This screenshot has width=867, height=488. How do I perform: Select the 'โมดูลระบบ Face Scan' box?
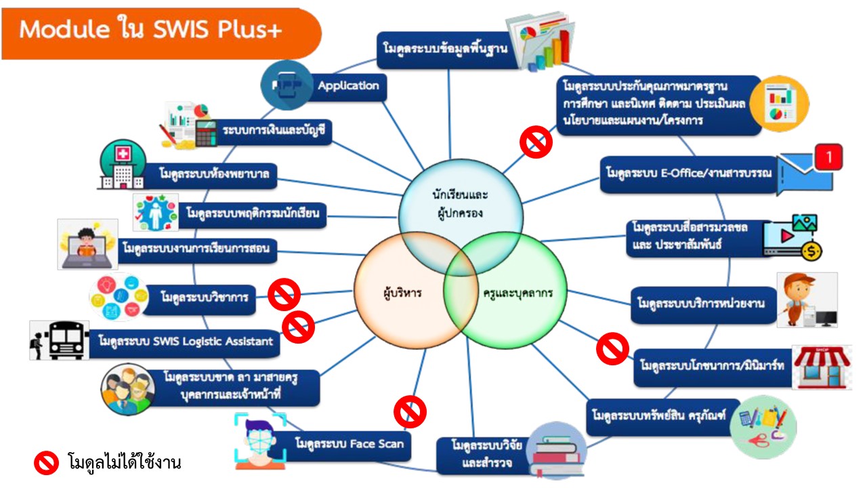[x=349, y=445]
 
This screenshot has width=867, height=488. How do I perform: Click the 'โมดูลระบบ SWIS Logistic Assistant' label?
[x=185, y=340]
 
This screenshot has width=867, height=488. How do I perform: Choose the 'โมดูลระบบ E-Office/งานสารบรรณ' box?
[x=688, y=174]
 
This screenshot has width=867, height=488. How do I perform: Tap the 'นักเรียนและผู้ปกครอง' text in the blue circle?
[x=461, y=203]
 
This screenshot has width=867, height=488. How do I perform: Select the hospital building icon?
[x=123, y=165]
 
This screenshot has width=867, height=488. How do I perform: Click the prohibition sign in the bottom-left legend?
[x=47, y=463]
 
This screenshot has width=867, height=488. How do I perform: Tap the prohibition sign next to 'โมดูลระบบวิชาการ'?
[x=284, y=295]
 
